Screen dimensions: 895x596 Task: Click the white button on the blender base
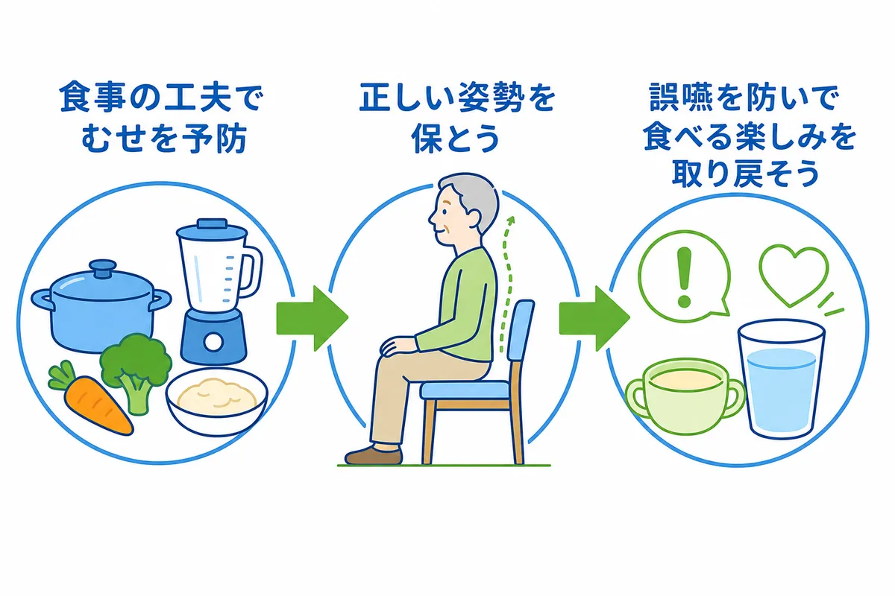214,342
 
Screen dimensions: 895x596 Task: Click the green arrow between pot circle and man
312,318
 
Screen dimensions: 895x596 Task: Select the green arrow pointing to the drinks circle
594,318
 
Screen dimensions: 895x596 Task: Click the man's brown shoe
373,455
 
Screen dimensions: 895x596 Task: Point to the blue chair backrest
519,332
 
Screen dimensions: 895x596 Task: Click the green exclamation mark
684,277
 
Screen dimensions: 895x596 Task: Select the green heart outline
793,276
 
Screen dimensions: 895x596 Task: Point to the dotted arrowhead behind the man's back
510,221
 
